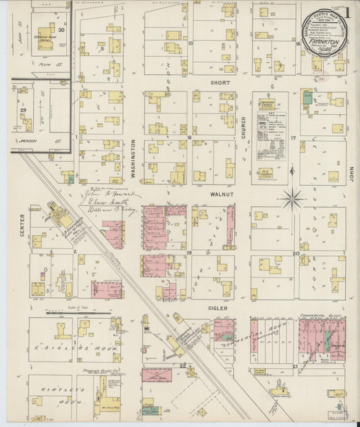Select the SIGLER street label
coord(217,307)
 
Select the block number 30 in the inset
coord(61,29)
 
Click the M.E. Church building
coord(267,174)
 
